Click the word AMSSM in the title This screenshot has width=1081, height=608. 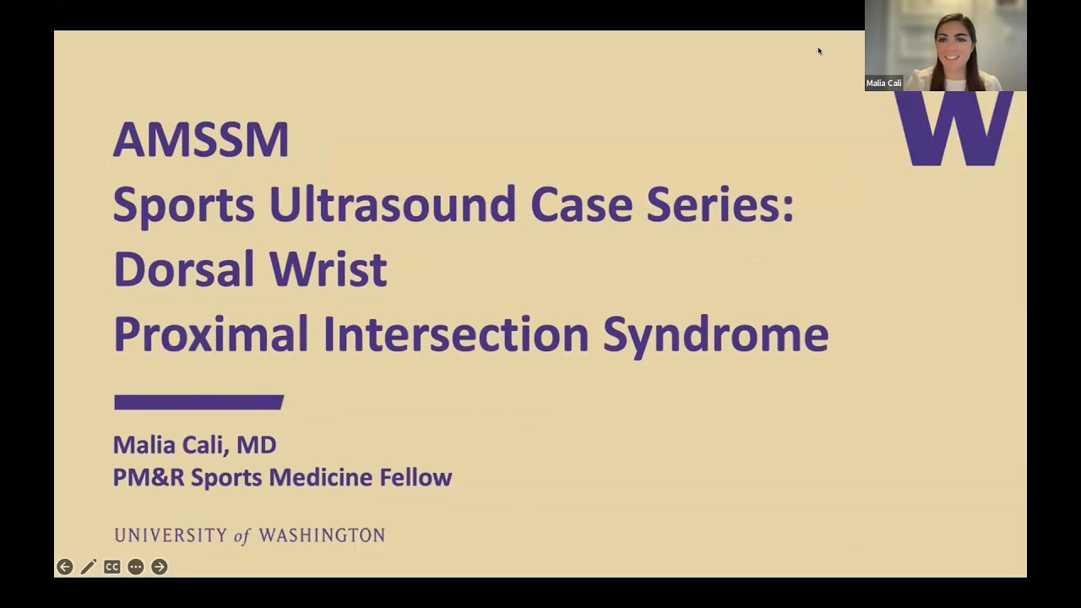(x=201, y=139)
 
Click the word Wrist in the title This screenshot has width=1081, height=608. (x=328, y=269)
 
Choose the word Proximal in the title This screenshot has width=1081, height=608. (x=211, y=334)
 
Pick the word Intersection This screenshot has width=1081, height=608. (x=456, y=334)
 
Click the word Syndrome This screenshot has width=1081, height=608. (x=715, y=334)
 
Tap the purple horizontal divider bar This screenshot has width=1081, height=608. (x=198, y=402)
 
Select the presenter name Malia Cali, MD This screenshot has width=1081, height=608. (x=194, y=445)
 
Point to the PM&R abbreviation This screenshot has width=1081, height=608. (x=149, y=477)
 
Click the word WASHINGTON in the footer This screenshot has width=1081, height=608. (x=322, y=535)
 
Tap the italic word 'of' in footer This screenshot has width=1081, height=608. (x=242, y=535)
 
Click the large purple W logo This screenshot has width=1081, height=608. (x=953, y=128)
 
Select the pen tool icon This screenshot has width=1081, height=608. (x=89, y=567)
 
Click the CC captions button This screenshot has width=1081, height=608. (x=112, y=567)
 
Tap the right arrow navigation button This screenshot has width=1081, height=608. (x=160, y=567)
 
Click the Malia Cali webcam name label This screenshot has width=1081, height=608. (x=884, y=84)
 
